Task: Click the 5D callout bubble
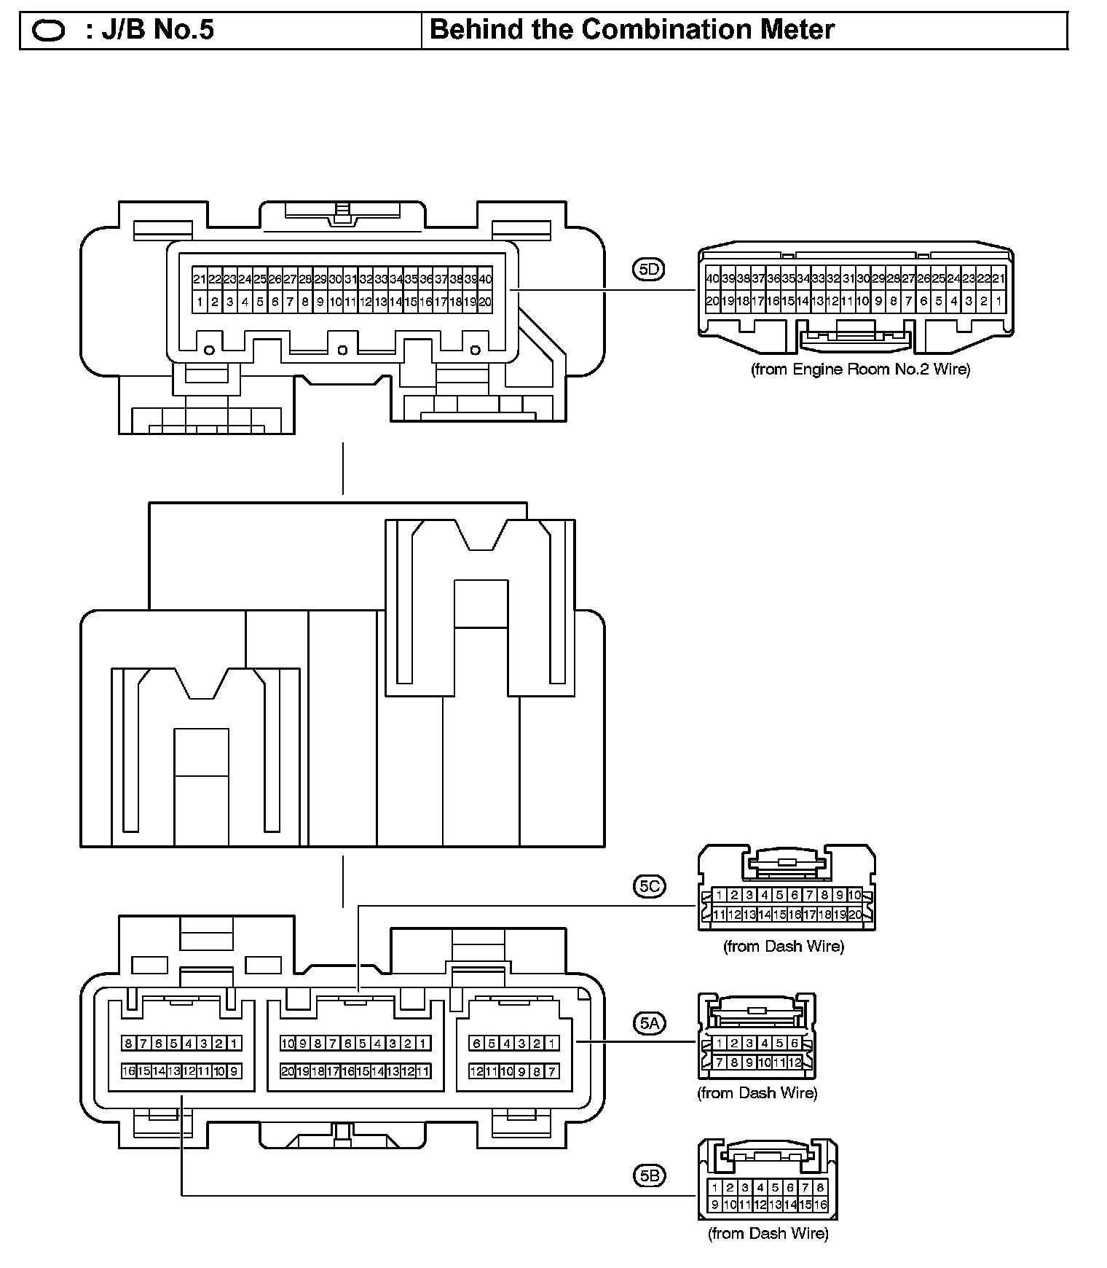tap(648, 270)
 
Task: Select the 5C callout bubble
tap(648, 886)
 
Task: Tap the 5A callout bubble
tap(648, 1024)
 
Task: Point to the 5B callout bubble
tap(648, 1175)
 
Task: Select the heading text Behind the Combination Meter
tap(632, 30)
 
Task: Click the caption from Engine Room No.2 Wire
tap(860, 369)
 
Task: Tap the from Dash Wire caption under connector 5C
tap(783, 947)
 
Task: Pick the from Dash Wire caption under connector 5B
tap(768, 1234)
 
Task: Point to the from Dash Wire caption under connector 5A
tap(757, 1093)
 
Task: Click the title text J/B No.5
tap(149, 30)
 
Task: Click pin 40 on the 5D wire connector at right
tap(712, 278)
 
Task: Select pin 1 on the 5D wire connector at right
tap(998, 300)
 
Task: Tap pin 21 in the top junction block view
tap(200, 279)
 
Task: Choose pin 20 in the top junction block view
tap(485, 302)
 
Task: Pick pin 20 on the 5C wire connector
tap(855, 915)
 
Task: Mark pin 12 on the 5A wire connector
tap(795, 1062)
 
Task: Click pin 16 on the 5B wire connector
tap(821, 1205)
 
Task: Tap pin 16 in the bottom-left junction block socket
tap(129, 1071)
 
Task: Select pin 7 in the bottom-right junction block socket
tap(552, 1071)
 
